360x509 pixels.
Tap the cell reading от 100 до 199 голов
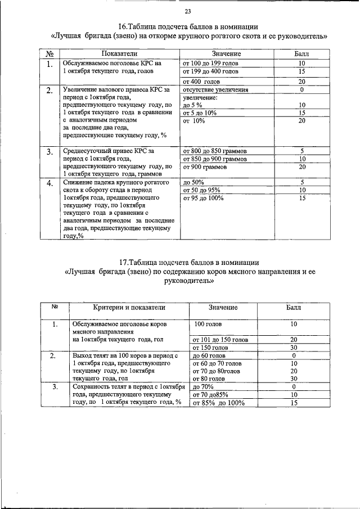click(x=211, y=64)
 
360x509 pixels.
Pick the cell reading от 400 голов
click(x=201, y=82)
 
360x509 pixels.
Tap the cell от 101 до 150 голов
click(x=220, y=340)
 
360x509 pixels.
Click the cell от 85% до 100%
click(x=219, y=403)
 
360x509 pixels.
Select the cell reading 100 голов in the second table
click(x=208, y=325)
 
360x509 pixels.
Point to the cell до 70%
click(x=203, y=388)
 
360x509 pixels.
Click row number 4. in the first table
click(x=50, y=183)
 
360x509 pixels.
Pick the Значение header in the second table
click(x=223, y=308)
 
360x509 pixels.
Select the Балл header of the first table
click(x=301, y=53)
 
